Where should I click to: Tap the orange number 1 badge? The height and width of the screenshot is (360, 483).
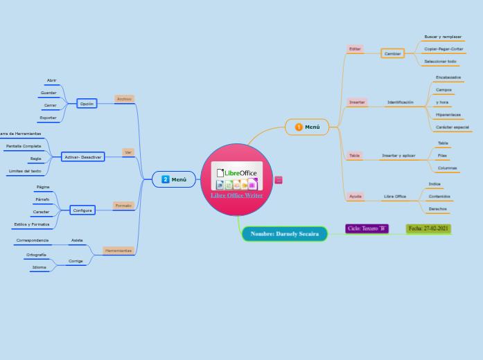click(299, 127)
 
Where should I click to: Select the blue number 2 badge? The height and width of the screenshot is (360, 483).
click(166, 179)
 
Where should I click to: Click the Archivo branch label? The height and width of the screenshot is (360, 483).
click(124, 99)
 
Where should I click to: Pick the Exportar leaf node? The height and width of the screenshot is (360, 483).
click(48, 118)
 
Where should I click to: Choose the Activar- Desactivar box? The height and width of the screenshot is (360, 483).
click(83, 157)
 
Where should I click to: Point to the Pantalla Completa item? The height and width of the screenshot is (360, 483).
click(24, 146)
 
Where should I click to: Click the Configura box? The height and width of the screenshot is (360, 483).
click(82, 210)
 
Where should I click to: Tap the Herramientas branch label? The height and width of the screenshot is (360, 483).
click(118, 251)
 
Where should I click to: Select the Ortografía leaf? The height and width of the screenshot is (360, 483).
click(36, 255)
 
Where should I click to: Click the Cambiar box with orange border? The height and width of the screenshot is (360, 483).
click(393, 53)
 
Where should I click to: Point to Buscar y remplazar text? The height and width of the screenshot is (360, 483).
click(443, 36)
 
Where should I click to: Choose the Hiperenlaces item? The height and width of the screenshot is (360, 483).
click(448, 114)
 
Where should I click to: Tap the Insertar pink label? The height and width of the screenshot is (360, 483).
click(357, 102)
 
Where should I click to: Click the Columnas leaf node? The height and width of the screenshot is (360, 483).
click(447, 168)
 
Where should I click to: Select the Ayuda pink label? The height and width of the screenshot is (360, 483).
click(355, 197)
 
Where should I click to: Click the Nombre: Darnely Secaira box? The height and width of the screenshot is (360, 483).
click(284, 234)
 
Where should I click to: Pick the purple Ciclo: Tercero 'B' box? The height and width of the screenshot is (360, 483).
click(367, 228)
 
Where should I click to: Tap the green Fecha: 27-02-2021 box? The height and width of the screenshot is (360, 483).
click(429, 228)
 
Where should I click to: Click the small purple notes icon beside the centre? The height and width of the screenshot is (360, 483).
click(279, 180)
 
